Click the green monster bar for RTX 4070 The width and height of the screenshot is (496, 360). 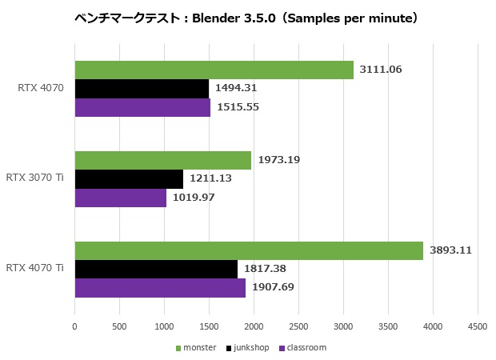(x=214, y=70)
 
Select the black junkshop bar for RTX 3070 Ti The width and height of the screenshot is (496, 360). (x=129, y=178)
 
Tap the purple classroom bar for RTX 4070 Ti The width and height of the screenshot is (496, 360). (x=160, y=287)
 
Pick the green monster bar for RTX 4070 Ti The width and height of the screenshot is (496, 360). (x=249, y=250)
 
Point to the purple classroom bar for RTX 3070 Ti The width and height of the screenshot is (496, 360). (x=120, y=197)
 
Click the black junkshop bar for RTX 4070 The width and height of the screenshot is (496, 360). (x=142, y=88)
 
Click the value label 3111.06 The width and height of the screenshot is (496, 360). (x=381, y=70)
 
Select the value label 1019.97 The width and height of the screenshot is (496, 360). (x=194, y=197)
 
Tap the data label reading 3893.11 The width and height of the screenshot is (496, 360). (x=450, y=250)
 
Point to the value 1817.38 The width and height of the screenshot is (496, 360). (x=265, y=269)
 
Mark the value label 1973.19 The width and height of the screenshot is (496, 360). (x=278, y=160)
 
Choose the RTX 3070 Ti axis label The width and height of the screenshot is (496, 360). (x=34, y=178)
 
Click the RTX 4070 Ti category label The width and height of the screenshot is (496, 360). (x=34, y=268)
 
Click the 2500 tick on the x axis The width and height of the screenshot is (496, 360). (x=298, y=326)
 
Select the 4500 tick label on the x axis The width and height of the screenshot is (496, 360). (x=478, y=326)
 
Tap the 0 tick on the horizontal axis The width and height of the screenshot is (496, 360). (x=74, y=326)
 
